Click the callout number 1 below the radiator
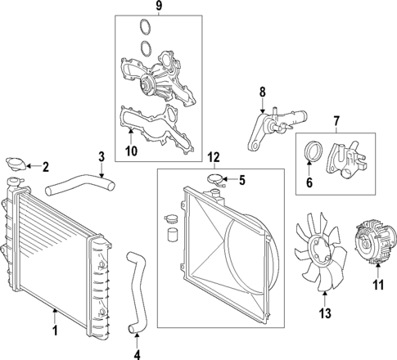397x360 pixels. [x=55, y=331]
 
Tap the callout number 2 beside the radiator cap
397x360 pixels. [x=46, y=168]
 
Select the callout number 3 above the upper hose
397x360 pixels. [x=101, y=156]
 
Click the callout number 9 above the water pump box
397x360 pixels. [x=148, y=9]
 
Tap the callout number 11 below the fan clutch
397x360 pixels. [x=377, y=286]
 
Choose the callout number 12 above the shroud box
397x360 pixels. [x=214, y=157]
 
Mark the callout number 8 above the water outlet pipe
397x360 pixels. [x=263, y=93]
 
